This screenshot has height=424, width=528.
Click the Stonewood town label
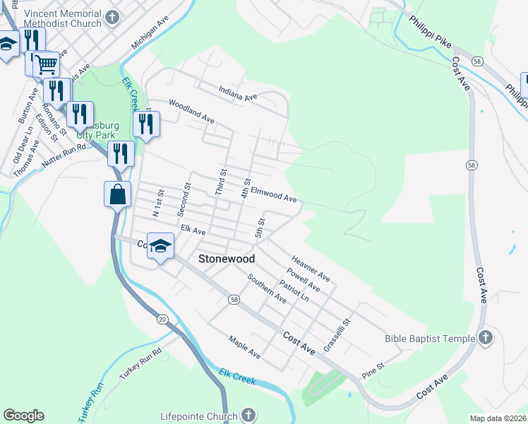pyautogui.click(x=226, y=259)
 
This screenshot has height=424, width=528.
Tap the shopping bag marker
pyautogui.click(x=117, y=194)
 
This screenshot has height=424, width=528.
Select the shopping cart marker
pyautogui.click(x=46, y=64)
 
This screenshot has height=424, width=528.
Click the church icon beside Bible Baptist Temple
pyautogui.click(x=485, y=338)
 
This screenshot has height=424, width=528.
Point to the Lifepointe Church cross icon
pyautogui.click(x=248, y=415)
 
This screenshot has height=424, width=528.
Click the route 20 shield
pyautogui.click(x=162, y=319)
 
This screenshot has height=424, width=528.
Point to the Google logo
pyautogui.click(x=23, y=416)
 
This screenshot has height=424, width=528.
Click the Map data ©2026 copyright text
pyautogui.click(x=497, y=418)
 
